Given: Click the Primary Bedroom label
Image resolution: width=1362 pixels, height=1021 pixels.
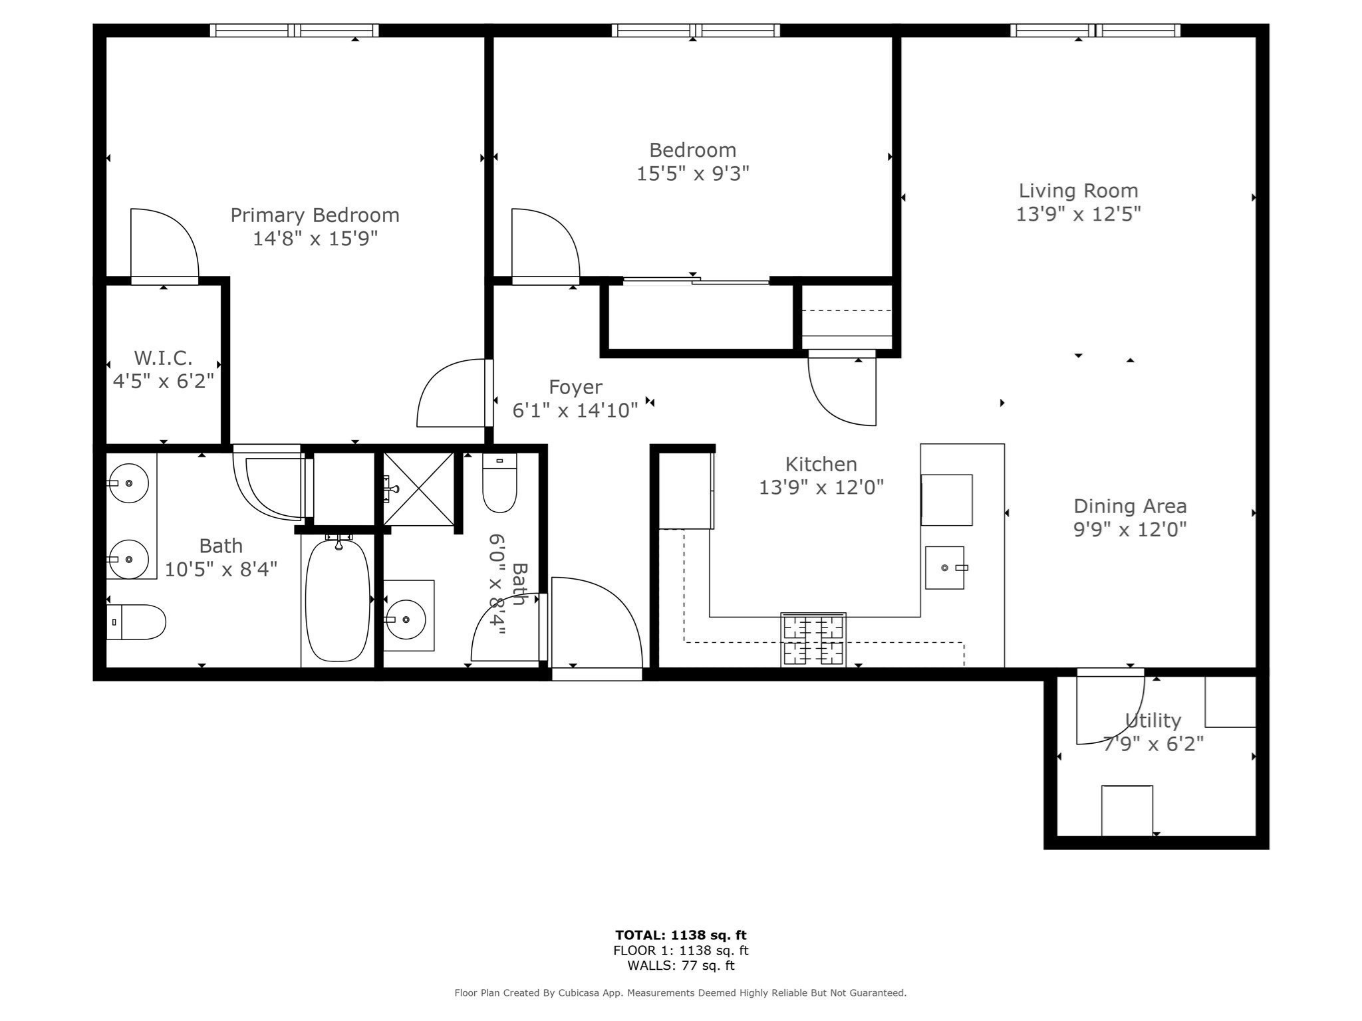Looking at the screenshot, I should click(315, 215).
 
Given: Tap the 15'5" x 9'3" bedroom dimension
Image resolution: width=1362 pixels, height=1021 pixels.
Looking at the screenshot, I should click(692, 173).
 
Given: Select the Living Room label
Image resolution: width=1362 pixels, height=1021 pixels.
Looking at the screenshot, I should click(1078, 191).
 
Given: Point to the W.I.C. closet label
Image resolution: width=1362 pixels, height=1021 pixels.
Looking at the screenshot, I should click(163, 358).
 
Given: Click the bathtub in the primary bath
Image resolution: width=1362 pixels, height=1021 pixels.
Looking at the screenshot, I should click(337, 600).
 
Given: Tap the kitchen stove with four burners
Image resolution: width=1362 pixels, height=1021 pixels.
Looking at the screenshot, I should click(813, 639).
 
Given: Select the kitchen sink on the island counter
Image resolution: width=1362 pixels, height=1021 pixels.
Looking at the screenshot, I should click(944, 568).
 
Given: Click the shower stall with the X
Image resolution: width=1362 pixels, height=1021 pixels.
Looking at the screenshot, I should click(418, 489).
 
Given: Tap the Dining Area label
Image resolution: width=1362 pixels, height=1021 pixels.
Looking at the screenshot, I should click(1130, 507).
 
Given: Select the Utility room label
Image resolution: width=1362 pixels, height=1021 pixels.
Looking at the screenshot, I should click(1153, 721).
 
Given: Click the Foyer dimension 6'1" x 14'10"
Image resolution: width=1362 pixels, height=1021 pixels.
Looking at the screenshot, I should click(575, 410).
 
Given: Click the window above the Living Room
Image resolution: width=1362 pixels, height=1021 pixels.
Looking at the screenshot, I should click(1095, 31).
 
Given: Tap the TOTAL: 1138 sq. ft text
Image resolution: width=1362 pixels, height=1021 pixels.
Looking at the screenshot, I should click(680, 935).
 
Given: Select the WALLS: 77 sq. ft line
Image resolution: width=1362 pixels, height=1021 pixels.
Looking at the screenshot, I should click(680, 966).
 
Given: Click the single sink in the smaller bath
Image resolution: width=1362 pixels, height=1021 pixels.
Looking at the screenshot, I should click(406, 619).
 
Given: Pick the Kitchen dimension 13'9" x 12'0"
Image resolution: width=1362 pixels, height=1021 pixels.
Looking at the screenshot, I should click(821, 488).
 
